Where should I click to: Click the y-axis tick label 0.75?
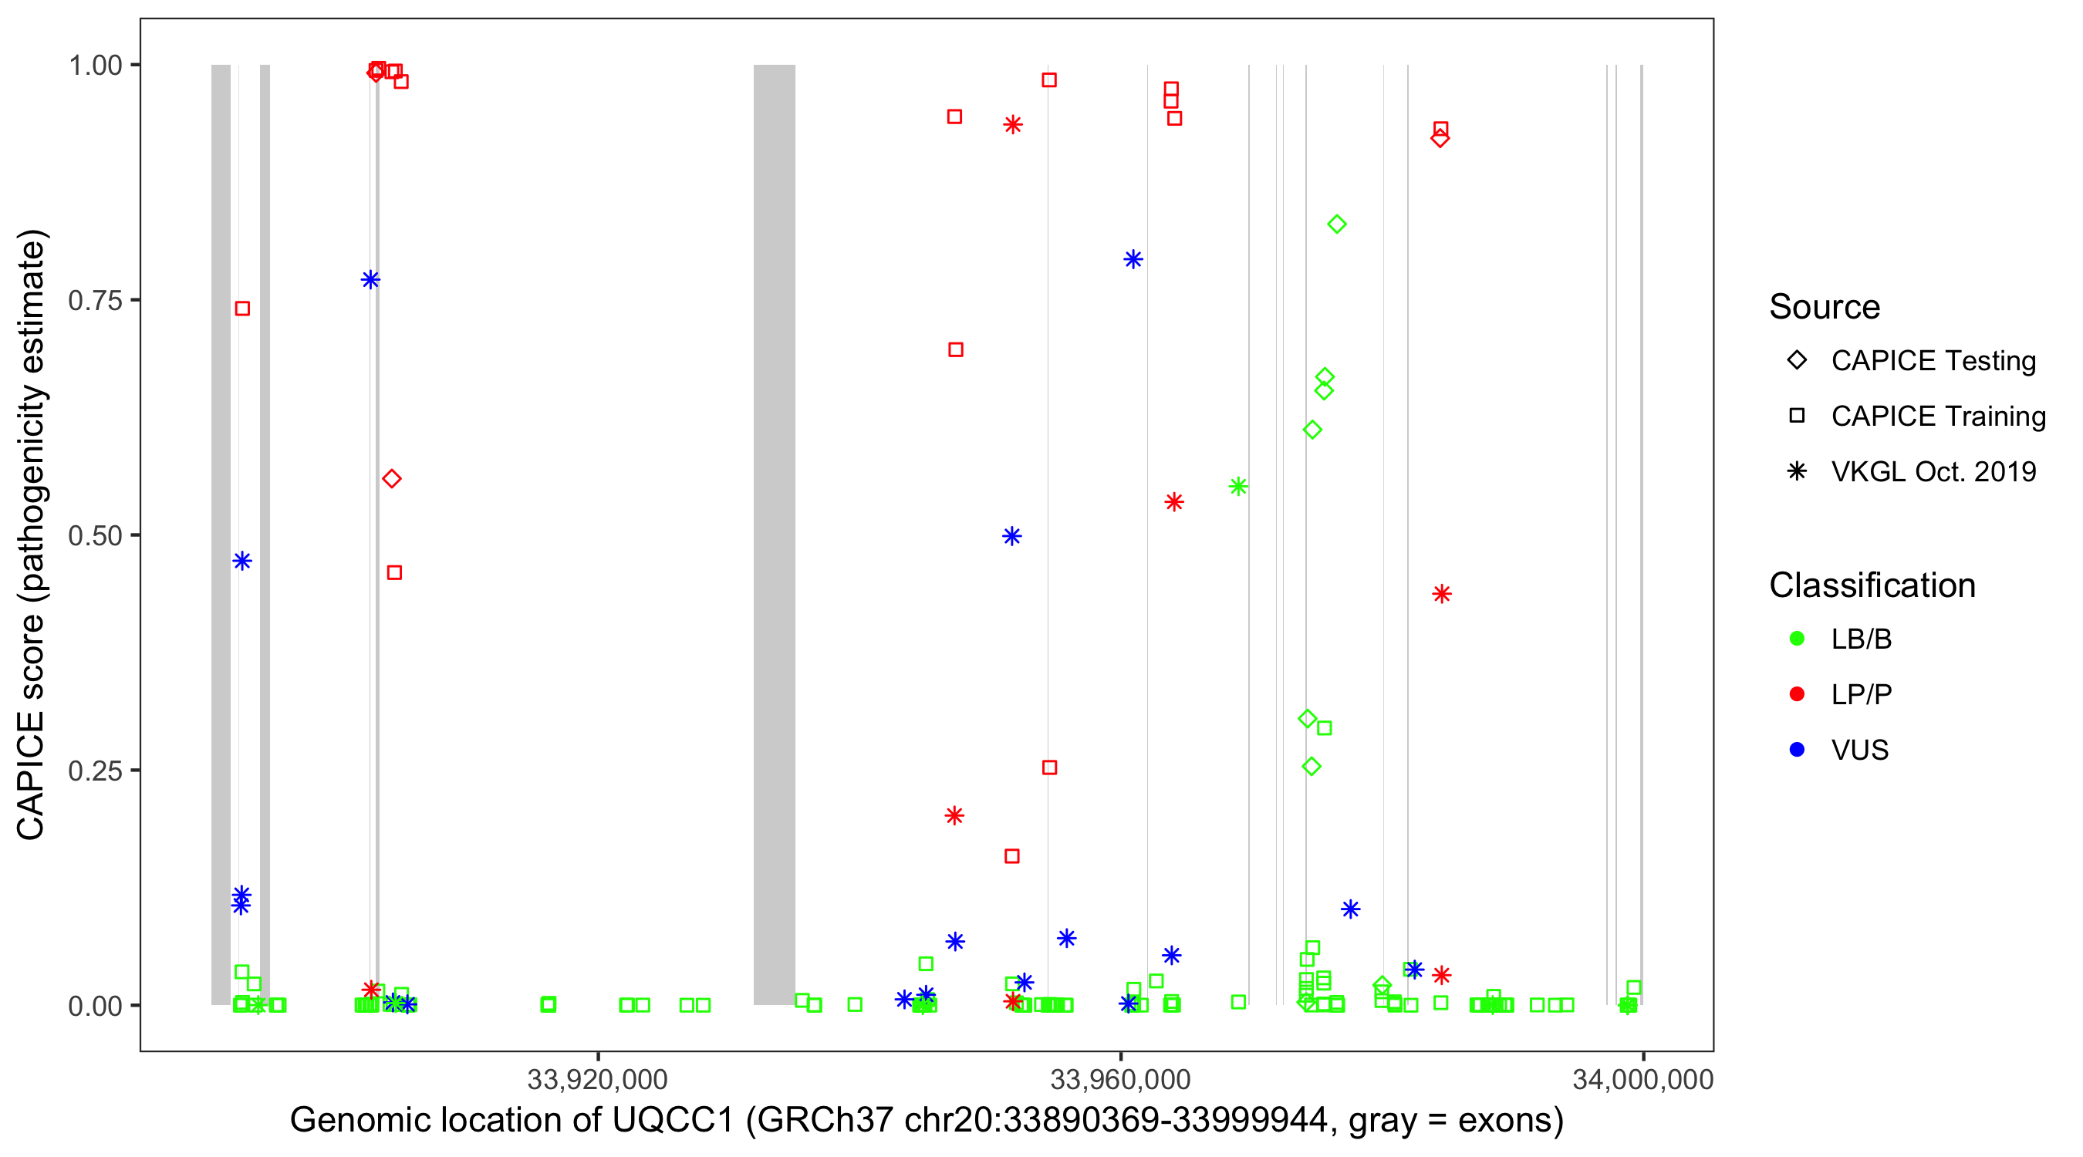(x=95, y=301)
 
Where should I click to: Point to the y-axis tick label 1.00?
(x=95, y=66)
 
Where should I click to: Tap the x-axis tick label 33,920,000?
(x=597, y=1079)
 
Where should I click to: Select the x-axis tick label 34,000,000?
(x=1642, y=1079)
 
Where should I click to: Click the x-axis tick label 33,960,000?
(x=1120, y=1079)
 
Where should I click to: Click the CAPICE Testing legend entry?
(x=1933, y=361)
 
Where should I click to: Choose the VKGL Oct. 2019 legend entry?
(x=1933, y=471)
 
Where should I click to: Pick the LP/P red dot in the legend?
(x=1797, y=694)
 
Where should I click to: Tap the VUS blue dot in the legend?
(x=1797, y=750)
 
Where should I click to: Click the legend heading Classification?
(x=1872, y=585)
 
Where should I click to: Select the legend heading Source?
(x=1825, y=307)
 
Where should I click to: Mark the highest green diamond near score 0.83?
(x=1337, y=224)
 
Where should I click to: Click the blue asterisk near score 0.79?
(x=1133, y=259)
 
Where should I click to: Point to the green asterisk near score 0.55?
(x=1238, y=487)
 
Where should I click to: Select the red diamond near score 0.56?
(x=391, y=479)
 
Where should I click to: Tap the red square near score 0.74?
(x=241, y=308)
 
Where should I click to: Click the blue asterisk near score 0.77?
(x=370, y=280)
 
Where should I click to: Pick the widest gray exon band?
(x=774, y=534)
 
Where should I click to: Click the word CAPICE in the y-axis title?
(x=31, y=776)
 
